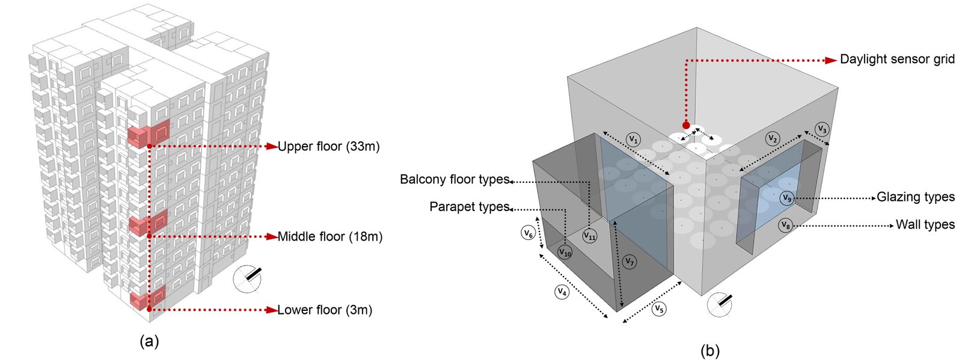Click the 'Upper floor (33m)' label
pyautogui.click(x=328, y=146)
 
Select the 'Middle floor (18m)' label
pyautogui.click(x=329, y=236)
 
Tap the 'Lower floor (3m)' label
pyautogui.click(x=325, y=310)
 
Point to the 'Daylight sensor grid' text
pyautogui.click(x=897, y=60)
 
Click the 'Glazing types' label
pyautogui.click(x=915, y=197)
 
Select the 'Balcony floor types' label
pyautogui.click(x=455, y=179)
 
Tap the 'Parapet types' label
pyautogui.click(x=469, y=207)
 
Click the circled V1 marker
pyautogui.click(x=633, y=139)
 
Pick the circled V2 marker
pyautogui.click(x=773, y=138)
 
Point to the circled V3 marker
pyautogui.click(x=822, y=129)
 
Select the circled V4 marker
pyautogui.click(x=562, y=292)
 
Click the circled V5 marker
pyautogui.click(x=660, y=310)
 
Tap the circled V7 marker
pyautogui.click(x=629, y=262)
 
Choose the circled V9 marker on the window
pyautogui.click(x=787, y=198)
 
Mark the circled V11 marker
pyautogui.click(x=590, y=236)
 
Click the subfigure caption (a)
pyautogui.click(x=149, y=342)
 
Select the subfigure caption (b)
pyautogui.click(x=710, y=350)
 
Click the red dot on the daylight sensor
pyautogui.click(x=686, y=125)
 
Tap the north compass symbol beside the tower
pyautogui.click(x=248, y=278)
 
